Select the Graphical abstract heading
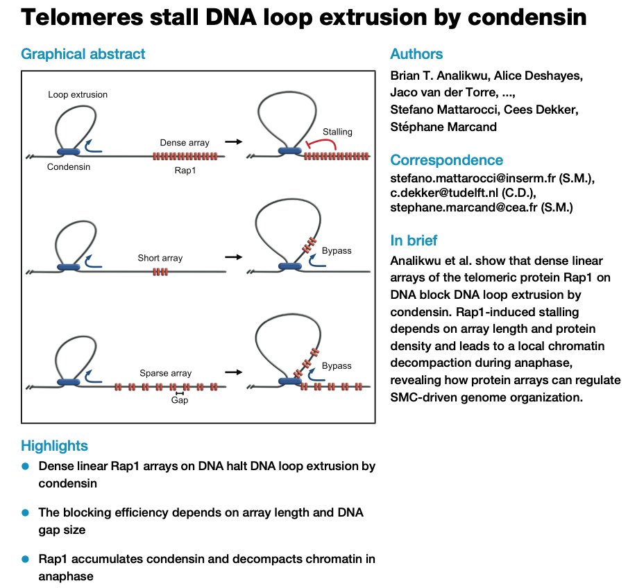click(83, 54)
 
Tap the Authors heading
click(416, 54)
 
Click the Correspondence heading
click(447, 160)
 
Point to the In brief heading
click(414, 241)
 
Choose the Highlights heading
click(54, 445)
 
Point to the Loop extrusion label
click(78, 94)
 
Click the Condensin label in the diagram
click(69, 166)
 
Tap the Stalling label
click(337, 131)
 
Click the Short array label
click(160, 258)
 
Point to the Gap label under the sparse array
click(180, 400)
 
